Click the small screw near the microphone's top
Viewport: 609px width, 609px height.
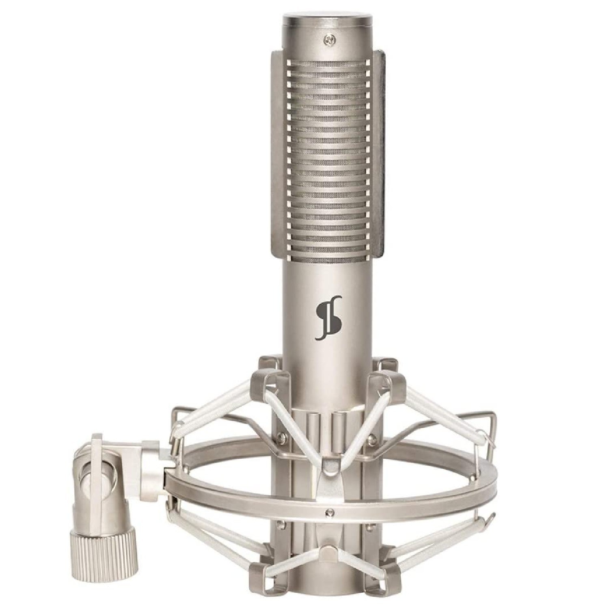coord(328,39)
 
